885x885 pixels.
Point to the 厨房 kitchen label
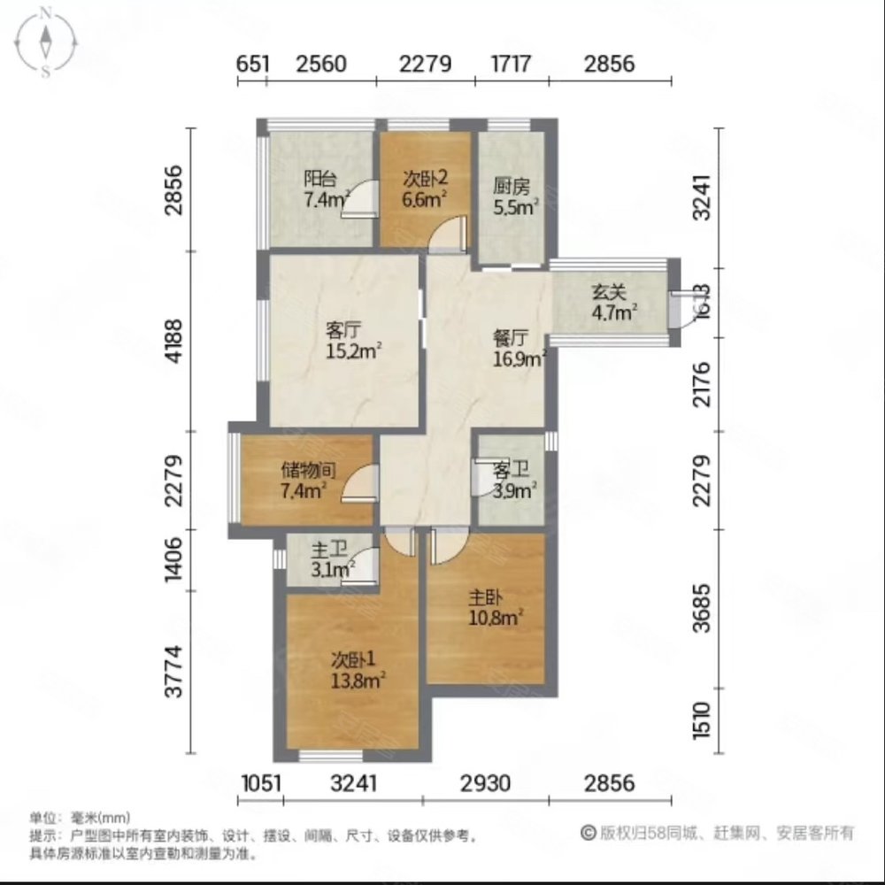511,187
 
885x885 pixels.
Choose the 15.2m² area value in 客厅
353,351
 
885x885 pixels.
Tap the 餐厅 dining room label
511,338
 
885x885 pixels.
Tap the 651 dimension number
252,64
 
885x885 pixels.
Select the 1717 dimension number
511,64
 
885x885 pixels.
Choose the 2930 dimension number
485,782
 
